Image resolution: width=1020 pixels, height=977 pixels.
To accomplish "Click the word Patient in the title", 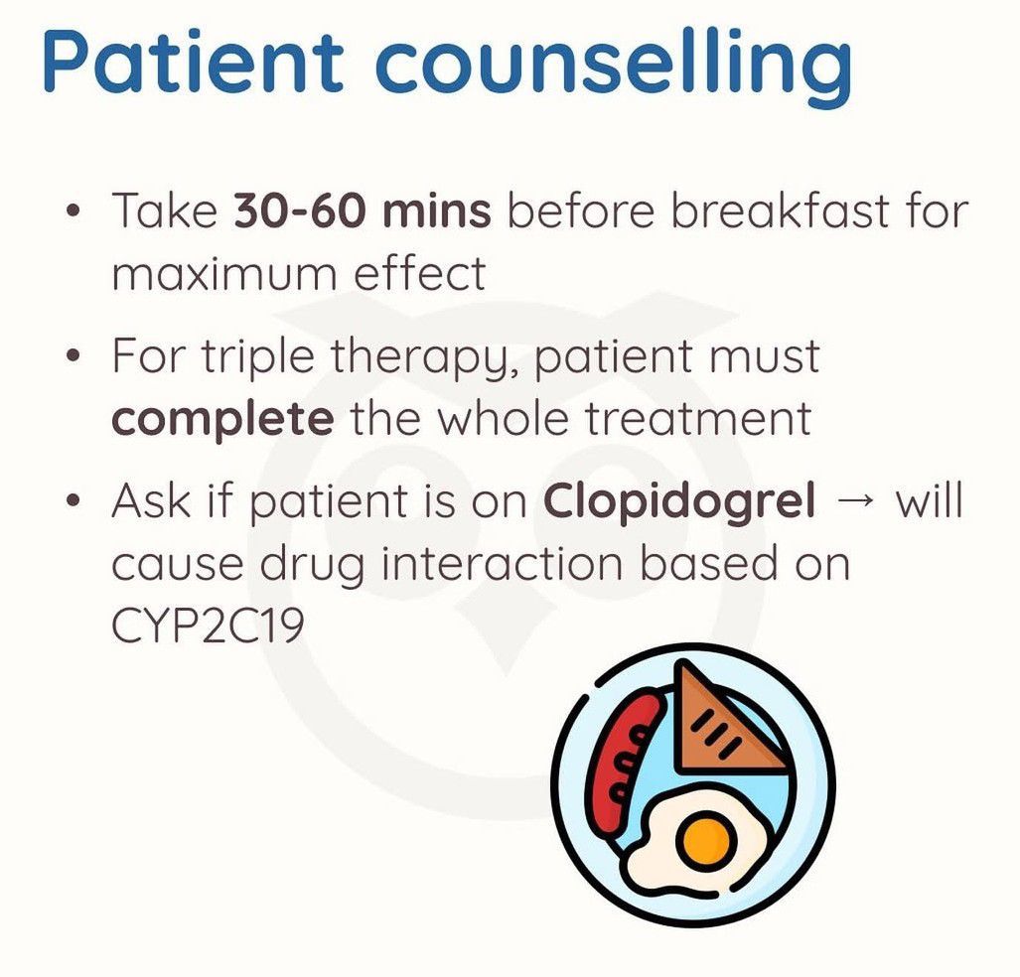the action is coord(194,62).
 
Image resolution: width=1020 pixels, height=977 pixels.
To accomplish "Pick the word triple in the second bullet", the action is coord(257,357).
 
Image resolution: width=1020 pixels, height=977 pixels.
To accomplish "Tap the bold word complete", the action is coord(222,421).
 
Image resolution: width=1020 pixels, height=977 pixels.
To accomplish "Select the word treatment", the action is coord(698,418).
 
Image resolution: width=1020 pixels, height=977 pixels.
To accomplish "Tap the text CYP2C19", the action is coord(208,626).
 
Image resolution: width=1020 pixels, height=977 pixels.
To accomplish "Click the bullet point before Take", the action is coord(74,211).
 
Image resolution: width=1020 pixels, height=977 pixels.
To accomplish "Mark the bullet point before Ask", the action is coord(74,501).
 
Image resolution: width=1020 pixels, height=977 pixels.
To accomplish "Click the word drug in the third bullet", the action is coord(311,565).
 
